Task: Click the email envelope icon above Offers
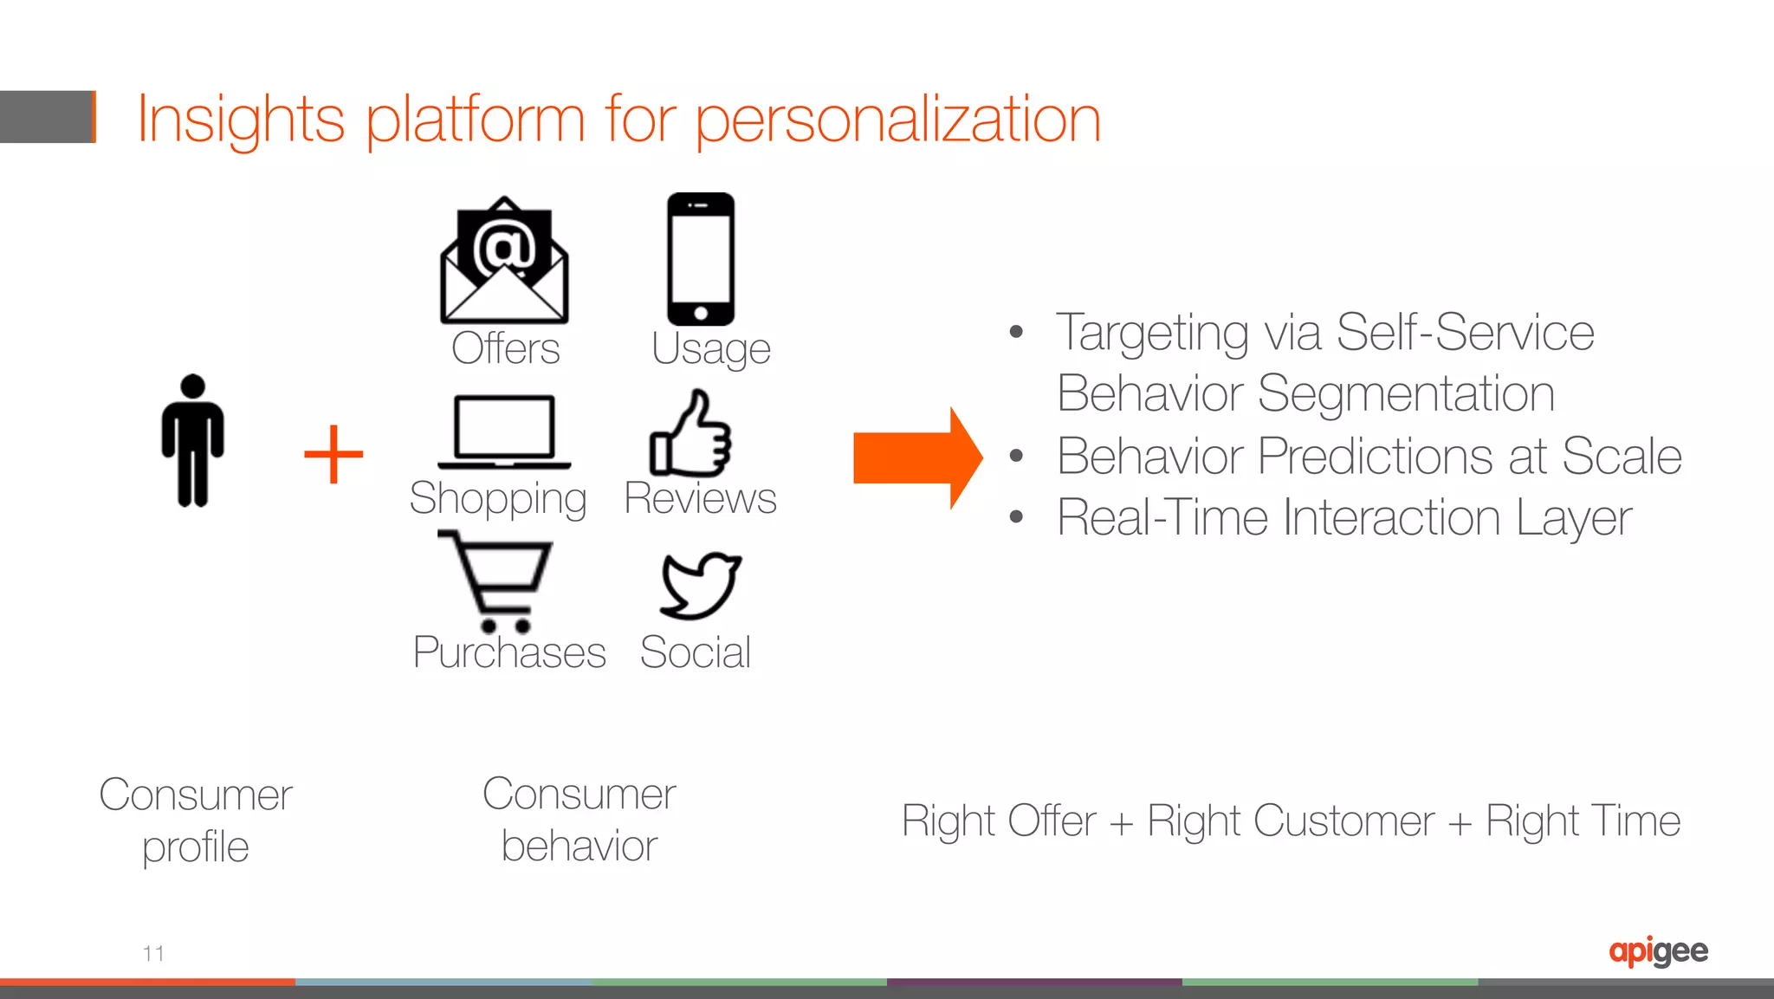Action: tap(504, 260)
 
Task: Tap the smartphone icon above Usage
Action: tap(700, 258)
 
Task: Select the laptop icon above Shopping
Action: tap(504, 431)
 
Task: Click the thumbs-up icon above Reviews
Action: tap(690, 433)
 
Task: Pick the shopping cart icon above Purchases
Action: tap(496, 580)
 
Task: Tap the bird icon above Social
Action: tap(699, 585)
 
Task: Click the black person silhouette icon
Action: tap(192, 440)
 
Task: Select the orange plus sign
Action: tap(333, 454)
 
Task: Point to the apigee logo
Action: tap(1658, 951)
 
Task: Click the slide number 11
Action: tap(153, 953)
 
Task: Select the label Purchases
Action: tap(509, 652)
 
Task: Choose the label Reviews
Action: tap(700, 498)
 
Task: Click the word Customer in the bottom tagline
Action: tap(1291, 821)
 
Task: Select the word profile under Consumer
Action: tap(196, 847)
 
